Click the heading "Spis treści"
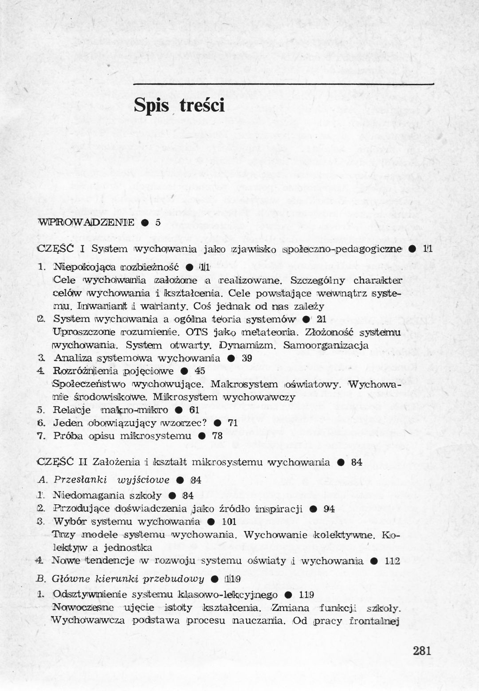tap(179, 106)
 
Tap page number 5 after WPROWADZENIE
tap(157, 222)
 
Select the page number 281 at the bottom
tap(422, 651)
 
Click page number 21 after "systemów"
tap(322, 319)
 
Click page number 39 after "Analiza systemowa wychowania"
tap(247, 358)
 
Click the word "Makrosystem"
tap(244, 384)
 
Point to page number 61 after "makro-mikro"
tap(194, 410)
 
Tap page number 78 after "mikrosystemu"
tap(217, 436)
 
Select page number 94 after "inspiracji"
tap(329, 509)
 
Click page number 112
tap(393, 561)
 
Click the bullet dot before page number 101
tap(211, 522)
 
